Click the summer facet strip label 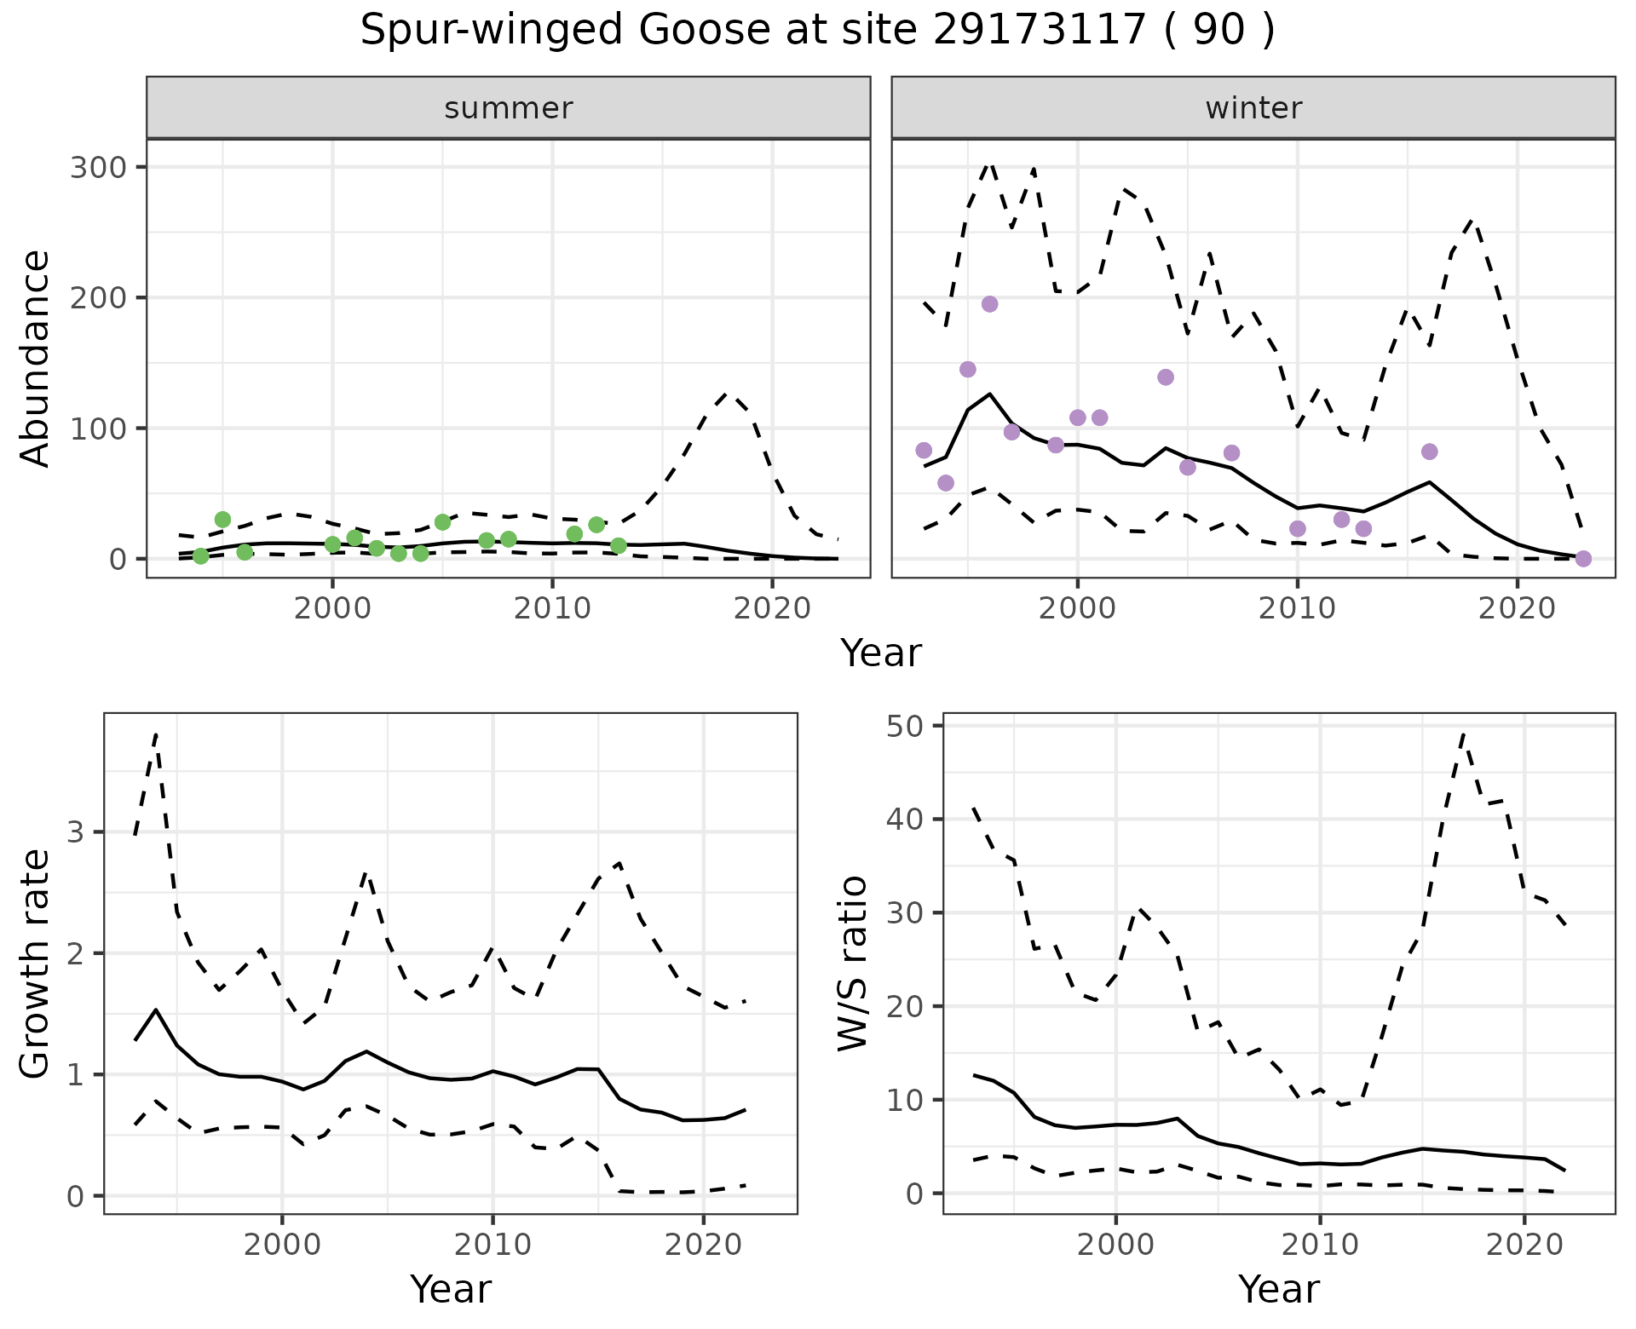[509, 108]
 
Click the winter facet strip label [1253, 108]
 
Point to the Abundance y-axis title [36, 359]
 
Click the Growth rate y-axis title [36, 964]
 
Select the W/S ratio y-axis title [853, 964]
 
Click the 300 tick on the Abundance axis [97, 167]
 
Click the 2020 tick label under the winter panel [1517, 609]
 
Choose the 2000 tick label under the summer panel [332, 609]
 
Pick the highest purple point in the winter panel [989, 304]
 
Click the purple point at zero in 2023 [1583, 559]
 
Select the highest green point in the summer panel [222, 520]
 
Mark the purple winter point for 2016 [1429, 452]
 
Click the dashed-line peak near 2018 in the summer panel [726, 394]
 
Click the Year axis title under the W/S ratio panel [1278, 1290]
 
